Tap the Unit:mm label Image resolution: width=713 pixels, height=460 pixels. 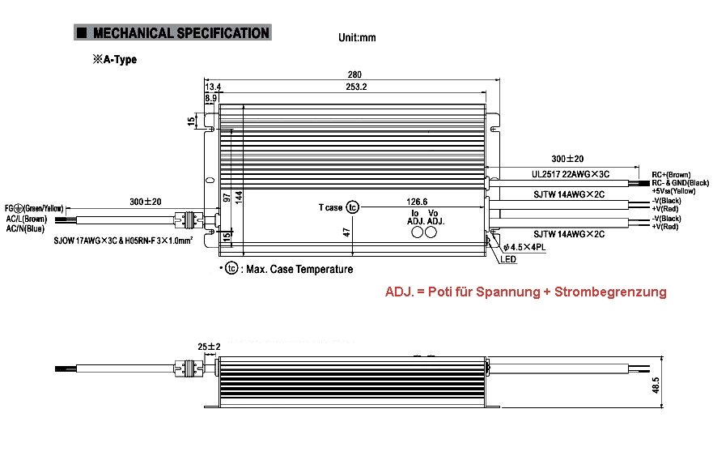(x=356, y=38)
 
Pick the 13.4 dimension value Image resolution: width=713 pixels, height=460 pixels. (x=214, y=87)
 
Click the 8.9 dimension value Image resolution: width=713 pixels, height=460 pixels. (x=211, y=98)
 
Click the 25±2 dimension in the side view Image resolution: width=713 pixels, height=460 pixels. (x=209, y=347)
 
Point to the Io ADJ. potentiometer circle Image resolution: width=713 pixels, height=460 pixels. (x=419, y=232)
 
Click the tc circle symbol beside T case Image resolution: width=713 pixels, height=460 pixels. (x=352, y=208)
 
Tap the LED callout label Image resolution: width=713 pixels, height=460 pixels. (x=508, y=260)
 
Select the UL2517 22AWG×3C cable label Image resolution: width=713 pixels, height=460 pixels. (x=570, y=174)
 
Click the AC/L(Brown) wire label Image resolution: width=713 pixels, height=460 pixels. (x=27, y=219)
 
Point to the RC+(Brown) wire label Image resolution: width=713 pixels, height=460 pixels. (x=671, y=174)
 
